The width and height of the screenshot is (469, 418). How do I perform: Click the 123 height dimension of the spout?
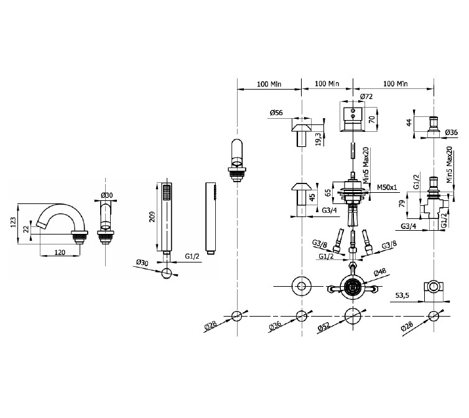coord(13,222)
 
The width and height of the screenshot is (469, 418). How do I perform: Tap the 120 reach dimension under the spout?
coord(60,253)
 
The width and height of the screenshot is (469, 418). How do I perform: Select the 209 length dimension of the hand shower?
coord(152,216)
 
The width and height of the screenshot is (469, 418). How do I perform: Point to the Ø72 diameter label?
coord(366,96)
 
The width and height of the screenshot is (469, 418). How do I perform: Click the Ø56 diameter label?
coord(276,113)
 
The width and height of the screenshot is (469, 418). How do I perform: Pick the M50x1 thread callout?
coord(387,187)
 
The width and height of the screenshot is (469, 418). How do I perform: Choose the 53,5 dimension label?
coord(402,295)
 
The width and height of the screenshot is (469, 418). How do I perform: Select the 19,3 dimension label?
coord(318,139)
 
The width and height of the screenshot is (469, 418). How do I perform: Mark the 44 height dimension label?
coord(409,122)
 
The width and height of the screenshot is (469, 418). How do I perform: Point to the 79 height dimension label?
coord(402,203)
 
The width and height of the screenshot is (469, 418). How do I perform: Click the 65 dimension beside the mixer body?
coord(328,192)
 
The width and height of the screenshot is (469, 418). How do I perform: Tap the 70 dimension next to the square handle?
coord(372,119)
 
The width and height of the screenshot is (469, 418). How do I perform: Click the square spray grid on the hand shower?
coord(166,192)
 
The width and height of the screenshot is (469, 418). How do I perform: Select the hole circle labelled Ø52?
coord(353,316)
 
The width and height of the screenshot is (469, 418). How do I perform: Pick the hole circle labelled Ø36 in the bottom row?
coord(302,316)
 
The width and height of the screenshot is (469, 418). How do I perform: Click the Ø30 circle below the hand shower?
coord(166,274)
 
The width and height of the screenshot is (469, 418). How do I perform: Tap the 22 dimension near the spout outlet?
coord(26,229)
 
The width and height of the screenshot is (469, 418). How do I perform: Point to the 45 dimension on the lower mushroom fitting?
coord(312,197)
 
